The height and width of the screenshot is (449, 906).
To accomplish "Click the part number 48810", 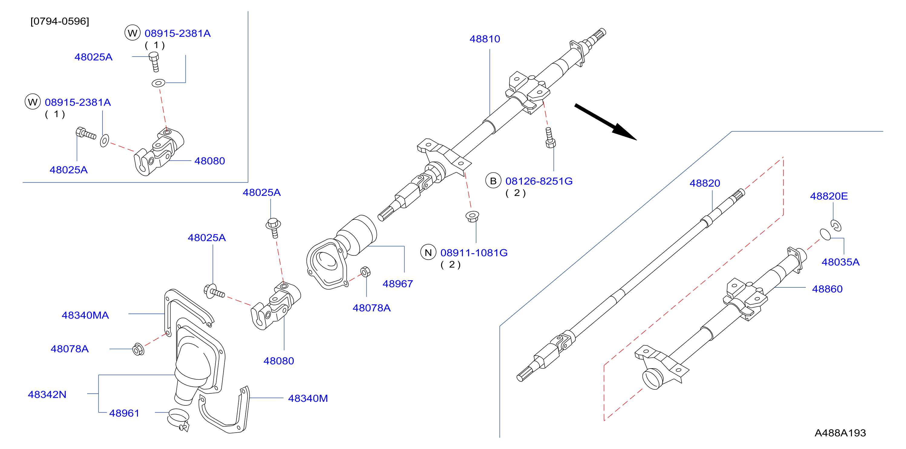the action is [x=485, y=39].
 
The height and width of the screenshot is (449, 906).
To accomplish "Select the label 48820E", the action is [x=829, y=196].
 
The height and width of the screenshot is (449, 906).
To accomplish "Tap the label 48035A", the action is [x=840, y=262].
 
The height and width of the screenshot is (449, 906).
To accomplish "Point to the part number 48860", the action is [x=827, y=289].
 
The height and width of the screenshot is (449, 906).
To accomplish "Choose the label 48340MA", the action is [x=85, y=315].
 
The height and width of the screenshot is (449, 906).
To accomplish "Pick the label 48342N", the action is [x=47, y=395].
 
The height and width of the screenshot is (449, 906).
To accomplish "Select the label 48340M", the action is [x=308, y=398].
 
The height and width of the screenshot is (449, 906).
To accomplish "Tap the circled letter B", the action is [x=493, y=181].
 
